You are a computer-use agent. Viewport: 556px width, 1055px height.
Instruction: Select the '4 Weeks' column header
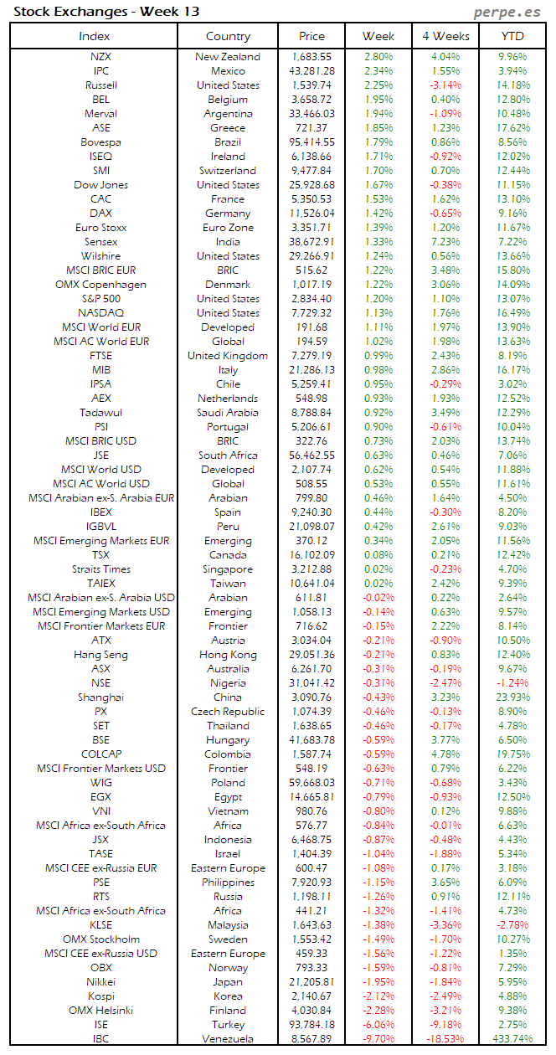point(445,36)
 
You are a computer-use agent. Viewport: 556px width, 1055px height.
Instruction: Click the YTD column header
point(512,36)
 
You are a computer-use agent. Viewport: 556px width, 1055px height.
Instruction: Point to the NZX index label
point(100,57)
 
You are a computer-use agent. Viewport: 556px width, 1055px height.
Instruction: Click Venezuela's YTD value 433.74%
point(512,1039)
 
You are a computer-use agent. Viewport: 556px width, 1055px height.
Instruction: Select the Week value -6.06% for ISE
point(378,1025)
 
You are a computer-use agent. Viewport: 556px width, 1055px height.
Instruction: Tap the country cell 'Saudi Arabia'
point(228,413)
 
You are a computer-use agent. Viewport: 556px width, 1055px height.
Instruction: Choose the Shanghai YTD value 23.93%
point(512,697)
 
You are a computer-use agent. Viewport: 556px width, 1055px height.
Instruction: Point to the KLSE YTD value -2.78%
point(512,925)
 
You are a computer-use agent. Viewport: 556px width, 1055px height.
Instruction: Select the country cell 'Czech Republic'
point(228,712)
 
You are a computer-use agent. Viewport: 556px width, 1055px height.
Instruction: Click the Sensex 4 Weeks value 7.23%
point(445,242)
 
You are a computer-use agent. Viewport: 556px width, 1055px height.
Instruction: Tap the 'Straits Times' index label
point(100,569)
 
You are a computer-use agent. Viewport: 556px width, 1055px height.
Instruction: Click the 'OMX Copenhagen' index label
point(100,285)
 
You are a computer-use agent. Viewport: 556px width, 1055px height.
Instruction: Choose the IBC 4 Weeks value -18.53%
point(444,1039)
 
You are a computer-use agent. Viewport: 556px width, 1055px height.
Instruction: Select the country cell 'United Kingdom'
point(228,356)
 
